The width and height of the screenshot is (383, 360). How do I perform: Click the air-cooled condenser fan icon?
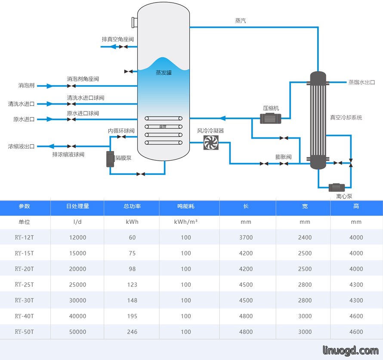point(211,143)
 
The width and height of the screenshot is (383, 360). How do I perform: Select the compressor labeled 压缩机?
point(270,118)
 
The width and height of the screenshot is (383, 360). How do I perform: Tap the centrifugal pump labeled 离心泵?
point(337,188)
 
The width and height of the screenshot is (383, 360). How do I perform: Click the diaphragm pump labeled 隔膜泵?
point(111,159)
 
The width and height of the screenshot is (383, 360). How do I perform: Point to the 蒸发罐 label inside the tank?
point(164,73)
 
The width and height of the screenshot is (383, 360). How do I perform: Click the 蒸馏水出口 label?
point(361,82)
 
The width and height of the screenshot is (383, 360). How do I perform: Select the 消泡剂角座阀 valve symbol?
point(71,86)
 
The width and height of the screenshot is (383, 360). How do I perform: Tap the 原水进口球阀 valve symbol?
point(71,119)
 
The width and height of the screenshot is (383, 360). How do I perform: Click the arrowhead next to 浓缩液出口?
point(51,146)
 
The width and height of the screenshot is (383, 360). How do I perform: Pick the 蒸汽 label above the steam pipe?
point(241,21)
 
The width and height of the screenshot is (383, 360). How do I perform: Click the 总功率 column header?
point(132,206)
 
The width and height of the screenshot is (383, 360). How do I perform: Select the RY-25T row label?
point(25,285)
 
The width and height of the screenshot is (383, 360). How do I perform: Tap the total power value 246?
point(132,332)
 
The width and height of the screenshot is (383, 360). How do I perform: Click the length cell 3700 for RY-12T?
point(246,237)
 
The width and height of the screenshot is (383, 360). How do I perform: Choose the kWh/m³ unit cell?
point(185,222)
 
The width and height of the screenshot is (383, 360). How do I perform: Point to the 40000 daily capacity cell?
point(77,316)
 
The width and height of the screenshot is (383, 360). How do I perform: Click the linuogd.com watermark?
point(351,351)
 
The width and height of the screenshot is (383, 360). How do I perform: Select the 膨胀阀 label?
point(283,157)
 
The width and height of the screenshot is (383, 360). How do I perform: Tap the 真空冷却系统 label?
point(346,118)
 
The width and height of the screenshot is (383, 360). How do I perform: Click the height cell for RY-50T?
point(356,332)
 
